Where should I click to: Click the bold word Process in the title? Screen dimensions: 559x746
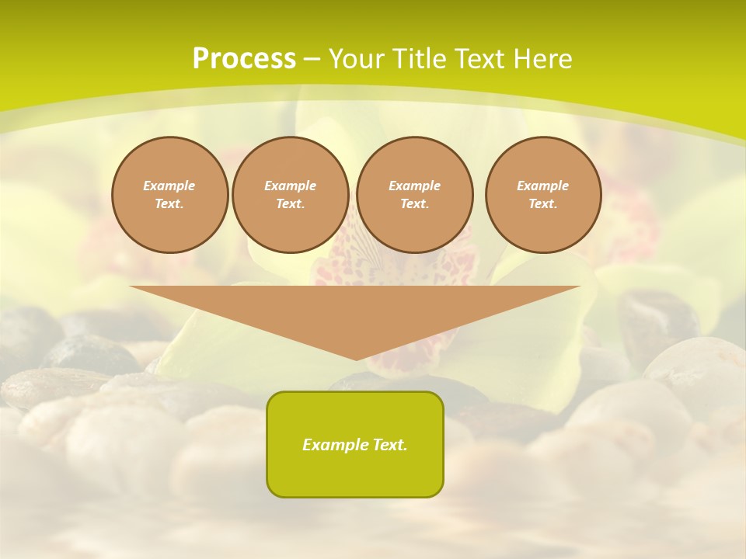pyautogui.click(x=244, y=59)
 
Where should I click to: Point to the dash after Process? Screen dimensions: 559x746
pyautogui.click(x=312, y=60)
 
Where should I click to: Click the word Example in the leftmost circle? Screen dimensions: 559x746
pyautogui.click(x=169, y=186)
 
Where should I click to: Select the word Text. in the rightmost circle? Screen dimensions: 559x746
pyautogui.click(x=543, y=203)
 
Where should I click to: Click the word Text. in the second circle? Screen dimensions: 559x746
pyautogui.click(x=290, y=203)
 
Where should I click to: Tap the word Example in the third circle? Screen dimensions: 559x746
pyautogui.click(x=414, y=186)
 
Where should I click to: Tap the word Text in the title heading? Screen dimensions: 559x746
pyautogui.click(x=481, y=59)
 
